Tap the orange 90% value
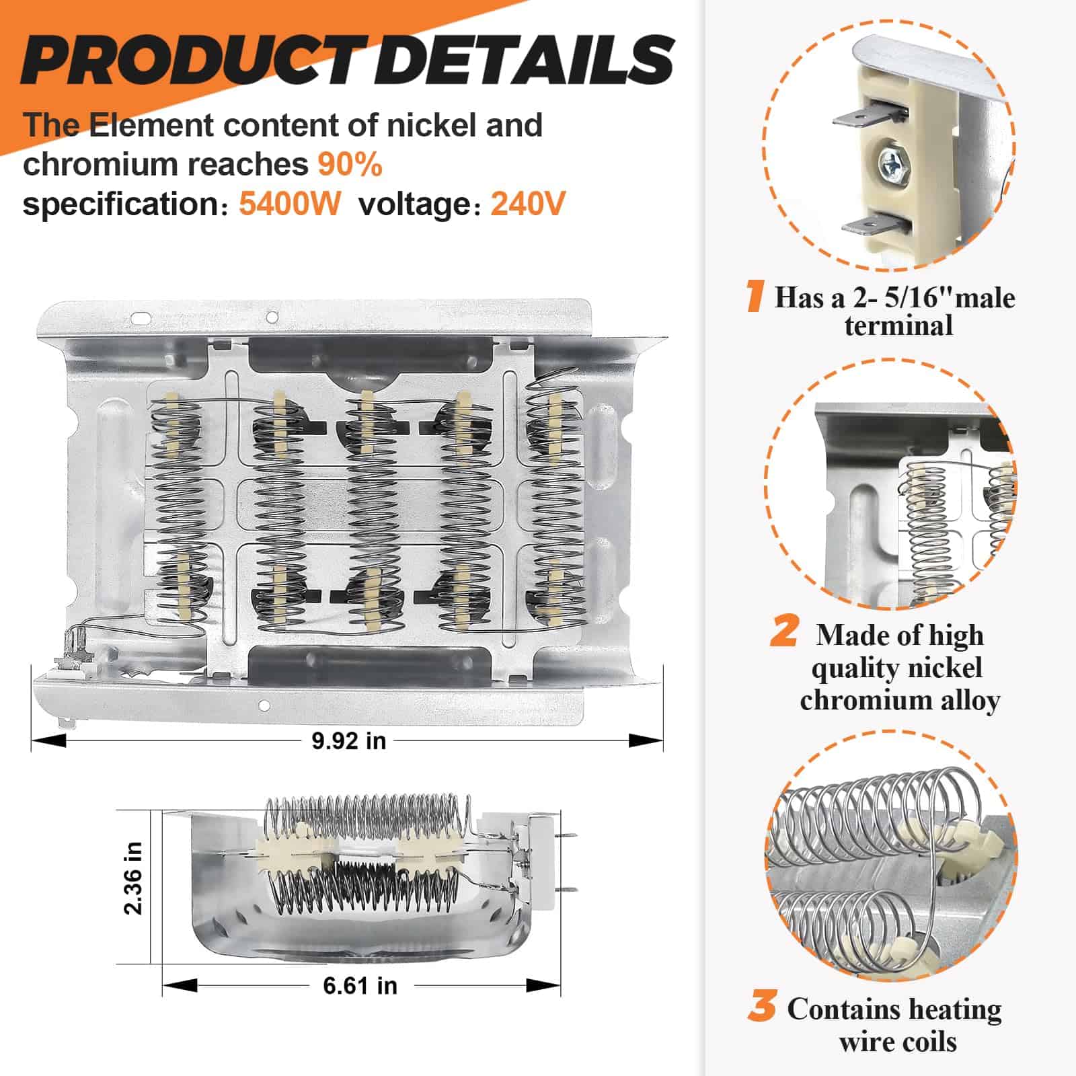click(x=350, y=164)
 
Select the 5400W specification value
click(x=290, y=204)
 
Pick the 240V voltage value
click(x=528, y=204)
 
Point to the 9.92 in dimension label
click(x=348, y=740)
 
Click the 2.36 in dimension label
click(x=133, y=878)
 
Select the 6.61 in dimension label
click(x=360, y=986)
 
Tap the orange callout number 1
click(x=755, y=297)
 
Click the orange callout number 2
click(x=784, y=633)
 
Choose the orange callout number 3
click(x=762, y=1007)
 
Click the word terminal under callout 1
click(x=898, y=326)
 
